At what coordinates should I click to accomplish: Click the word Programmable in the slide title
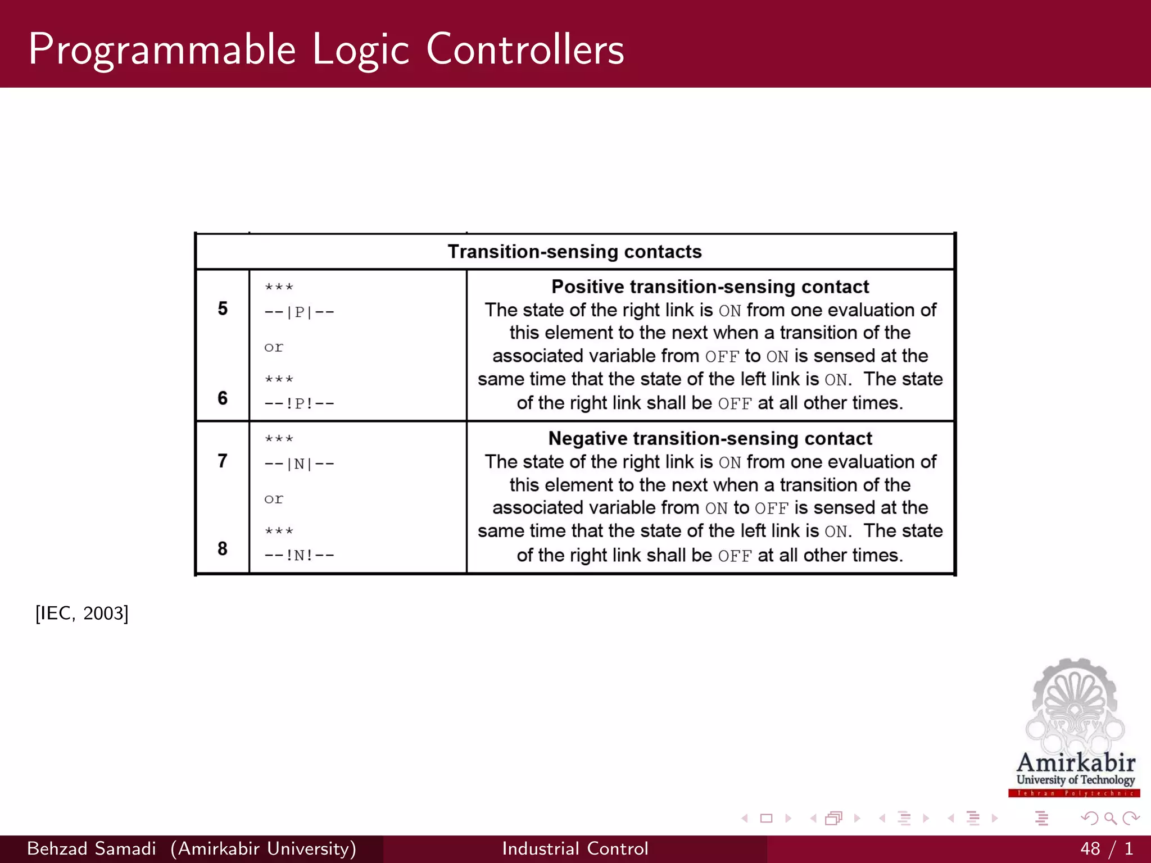pos(162,51)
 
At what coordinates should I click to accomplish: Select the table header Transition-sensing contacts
pos(574,252)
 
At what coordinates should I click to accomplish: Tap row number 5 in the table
pos(223,308)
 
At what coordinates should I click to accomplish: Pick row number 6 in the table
pos(223,398)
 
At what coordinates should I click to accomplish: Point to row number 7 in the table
pos(223,461)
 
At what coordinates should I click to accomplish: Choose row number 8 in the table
pos(223,548)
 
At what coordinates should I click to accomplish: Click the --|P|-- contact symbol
pos(299,312)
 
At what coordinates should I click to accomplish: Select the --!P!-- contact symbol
pos(299,403)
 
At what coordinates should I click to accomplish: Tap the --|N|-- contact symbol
pos(299,464)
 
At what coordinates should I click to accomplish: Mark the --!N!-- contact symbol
pos(299,556)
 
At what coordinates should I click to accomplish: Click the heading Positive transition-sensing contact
pos(710,287)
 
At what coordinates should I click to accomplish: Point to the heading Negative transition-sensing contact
pos(710,439)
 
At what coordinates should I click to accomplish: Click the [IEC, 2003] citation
pos(82,613)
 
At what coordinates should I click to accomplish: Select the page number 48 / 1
pos(1106,848)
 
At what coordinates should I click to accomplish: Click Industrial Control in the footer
pos(575,848)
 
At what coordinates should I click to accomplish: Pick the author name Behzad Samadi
pos(92,848)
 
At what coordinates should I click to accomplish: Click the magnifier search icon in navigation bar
pos(1110,819)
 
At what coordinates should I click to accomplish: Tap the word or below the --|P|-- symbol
pos(274,348)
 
